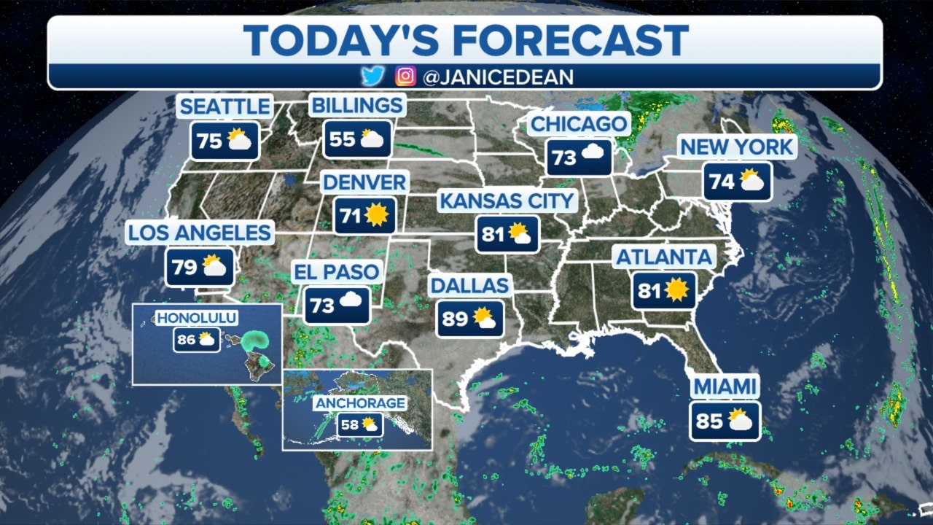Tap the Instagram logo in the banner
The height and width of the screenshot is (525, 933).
coord(405,76)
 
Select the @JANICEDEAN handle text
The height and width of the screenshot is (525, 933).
coord(498,77)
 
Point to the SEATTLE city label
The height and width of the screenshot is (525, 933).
coord(225,106)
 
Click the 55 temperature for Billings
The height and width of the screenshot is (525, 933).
coord(342,139)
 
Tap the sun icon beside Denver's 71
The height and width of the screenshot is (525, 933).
coord(376,215)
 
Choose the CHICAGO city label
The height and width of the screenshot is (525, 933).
coord(579,124)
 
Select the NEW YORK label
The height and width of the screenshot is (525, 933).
coord(736,147)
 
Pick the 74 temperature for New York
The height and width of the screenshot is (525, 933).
coord(722,181)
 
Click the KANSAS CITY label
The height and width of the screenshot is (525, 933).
coord(507,201)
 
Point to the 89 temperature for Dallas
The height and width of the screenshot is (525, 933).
coord(456,319)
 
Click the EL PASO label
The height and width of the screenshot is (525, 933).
coord(337,273)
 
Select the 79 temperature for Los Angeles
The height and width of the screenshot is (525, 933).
coord(185,268)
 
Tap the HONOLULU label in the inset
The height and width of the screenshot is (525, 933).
coord(187,318)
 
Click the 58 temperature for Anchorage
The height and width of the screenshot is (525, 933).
coord(350,424)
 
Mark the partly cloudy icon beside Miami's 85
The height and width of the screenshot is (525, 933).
coord(740,421)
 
